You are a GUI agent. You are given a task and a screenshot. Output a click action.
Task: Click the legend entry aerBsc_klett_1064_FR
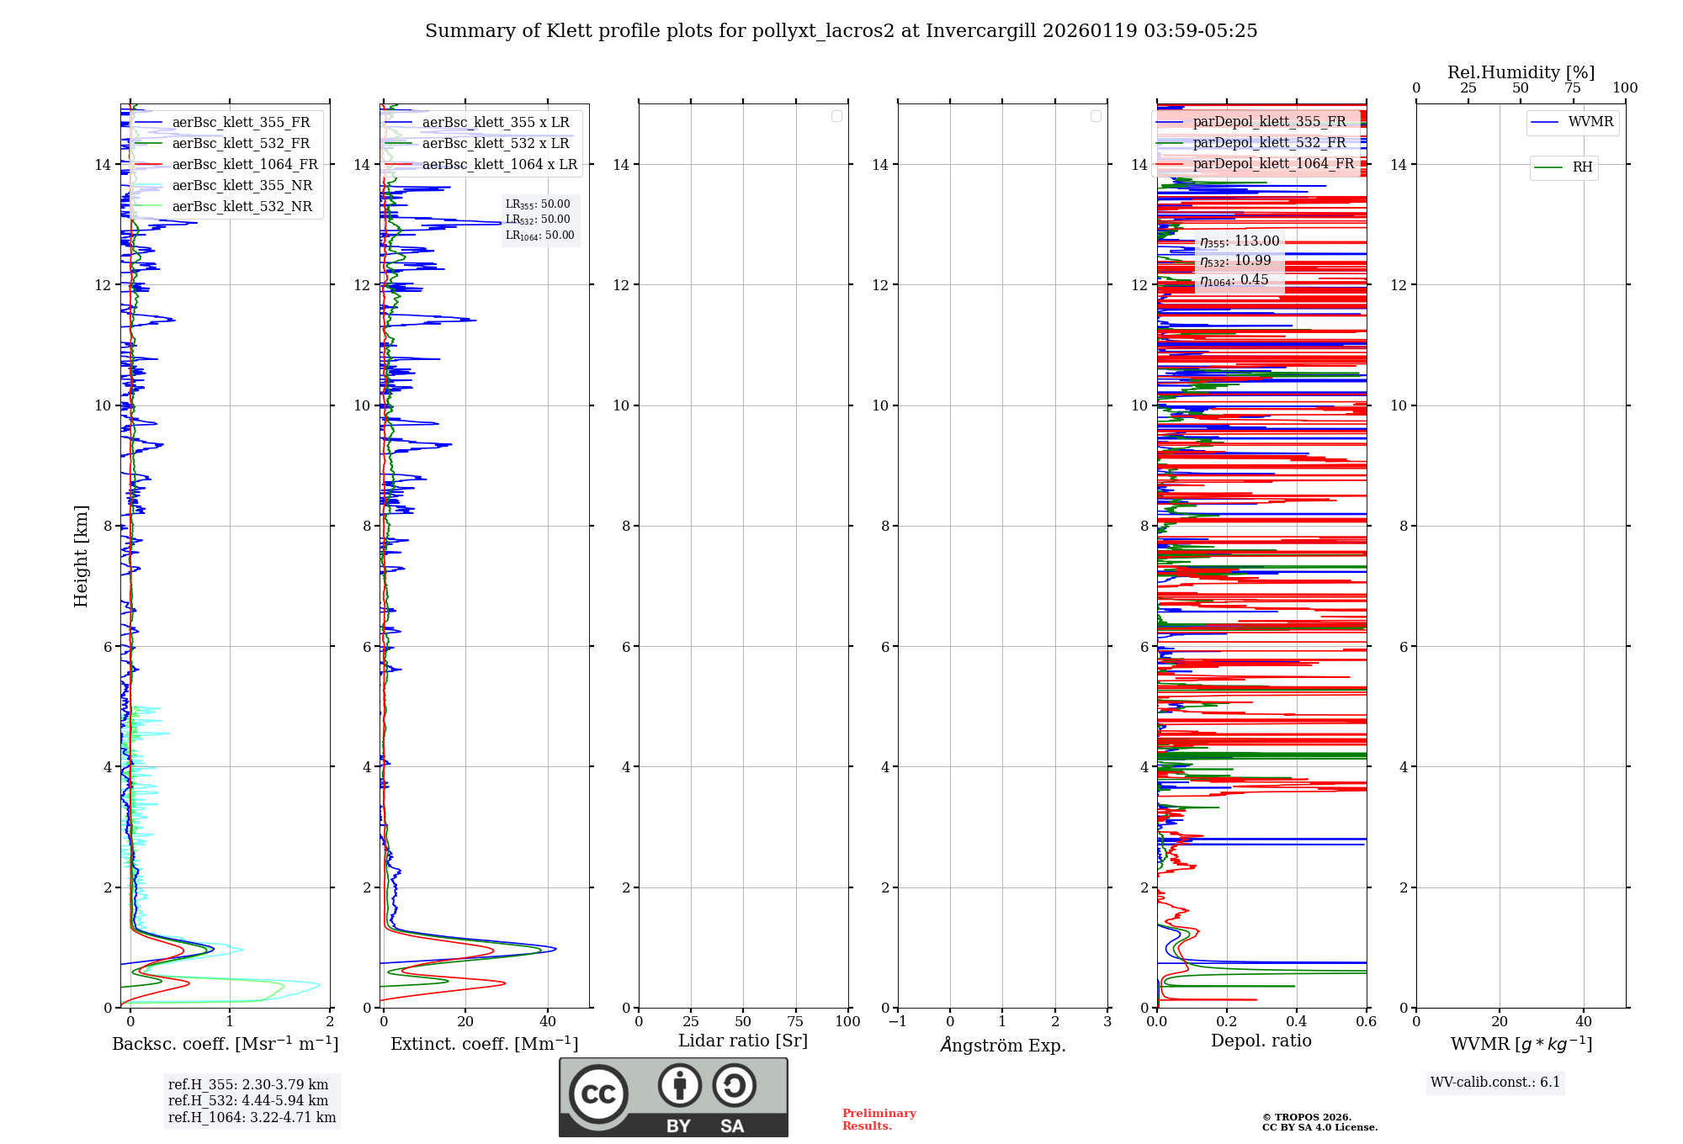244,165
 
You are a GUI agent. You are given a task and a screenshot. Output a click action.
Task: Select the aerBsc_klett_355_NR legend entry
242,186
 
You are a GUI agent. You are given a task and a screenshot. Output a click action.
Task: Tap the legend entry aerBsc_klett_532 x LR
495,144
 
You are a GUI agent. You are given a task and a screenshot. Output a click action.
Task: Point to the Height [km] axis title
81,556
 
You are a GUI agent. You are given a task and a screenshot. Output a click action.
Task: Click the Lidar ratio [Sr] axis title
742,1041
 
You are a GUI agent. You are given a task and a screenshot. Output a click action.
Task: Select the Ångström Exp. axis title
1002,1046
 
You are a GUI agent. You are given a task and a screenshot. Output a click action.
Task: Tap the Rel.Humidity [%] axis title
1521,72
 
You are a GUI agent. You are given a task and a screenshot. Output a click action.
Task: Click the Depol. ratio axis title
1261,1041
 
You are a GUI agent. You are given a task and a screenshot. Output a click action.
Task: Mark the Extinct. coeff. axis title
484,1045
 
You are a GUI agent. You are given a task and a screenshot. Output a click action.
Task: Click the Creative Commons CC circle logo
598,1094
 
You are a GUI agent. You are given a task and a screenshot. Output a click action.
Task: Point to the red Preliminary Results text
879,1120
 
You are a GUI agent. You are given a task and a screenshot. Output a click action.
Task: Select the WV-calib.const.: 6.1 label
1495,1083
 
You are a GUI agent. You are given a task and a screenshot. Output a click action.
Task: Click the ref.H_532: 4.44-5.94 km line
247,1101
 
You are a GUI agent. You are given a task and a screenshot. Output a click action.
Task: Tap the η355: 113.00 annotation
1239,242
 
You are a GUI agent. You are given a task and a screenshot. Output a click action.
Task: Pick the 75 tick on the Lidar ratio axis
794,1022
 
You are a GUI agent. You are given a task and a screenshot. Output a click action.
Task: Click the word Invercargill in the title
980,31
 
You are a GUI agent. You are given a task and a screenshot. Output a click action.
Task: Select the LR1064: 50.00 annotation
539,236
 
